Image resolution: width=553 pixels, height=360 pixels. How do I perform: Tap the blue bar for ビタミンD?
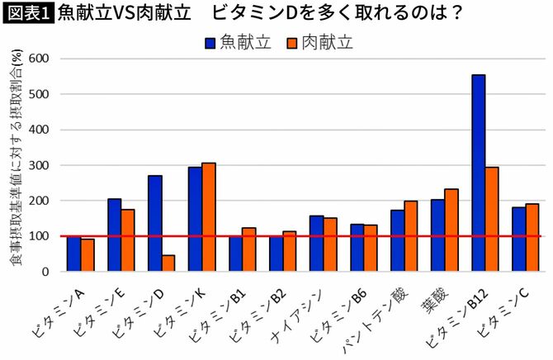(154, 223)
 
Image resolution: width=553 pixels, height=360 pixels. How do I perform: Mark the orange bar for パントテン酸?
(411, 235)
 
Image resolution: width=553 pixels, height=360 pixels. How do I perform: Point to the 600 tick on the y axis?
(39, 59)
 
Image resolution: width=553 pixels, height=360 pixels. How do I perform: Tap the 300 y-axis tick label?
(39, 165)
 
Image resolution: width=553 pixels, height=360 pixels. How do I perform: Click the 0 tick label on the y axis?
(46, 272)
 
